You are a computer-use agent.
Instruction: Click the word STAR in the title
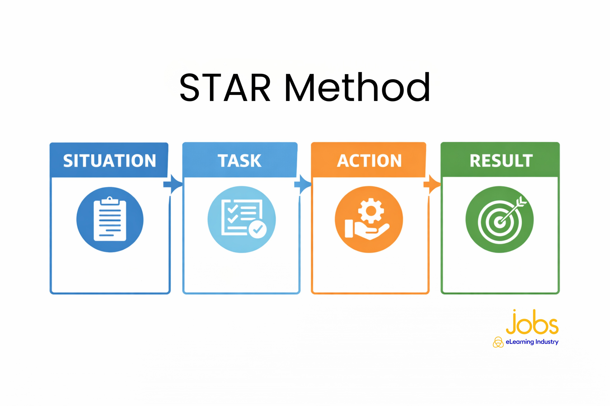point(225,87)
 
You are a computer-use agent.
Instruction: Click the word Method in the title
point(357,87)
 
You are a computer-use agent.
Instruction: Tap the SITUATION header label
point(109,161)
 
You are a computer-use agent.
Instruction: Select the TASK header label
point(239,161)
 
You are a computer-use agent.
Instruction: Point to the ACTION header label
point(369,161)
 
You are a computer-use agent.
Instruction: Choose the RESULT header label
point(501,161)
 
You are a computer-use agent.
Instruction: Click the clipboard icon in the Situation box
point(110,219)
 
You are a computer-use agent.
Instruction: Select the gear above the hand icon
point(371,211)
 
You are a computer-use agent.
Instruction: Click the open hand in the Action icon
point(367,231)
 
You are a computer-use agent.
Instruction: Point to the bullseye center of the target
point(500,222)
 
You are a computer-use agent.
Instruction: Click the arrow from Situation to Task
point(173,185)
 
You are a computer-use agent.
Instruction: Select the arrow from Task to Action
point(302,185)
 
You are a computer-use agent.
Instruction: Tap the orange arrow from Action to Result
point(432,185)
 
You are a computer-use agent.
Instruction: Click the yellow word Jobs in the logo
point(532,322)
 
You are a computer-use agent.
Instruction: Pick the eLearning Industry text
point(532,342)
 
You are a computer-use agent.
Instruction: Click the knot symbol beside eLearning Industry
point(498,342)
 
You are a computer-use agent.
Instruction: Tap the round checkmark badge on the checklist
point(258,229)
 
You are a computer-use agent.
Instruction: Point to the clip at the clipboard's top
point(110,201)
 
